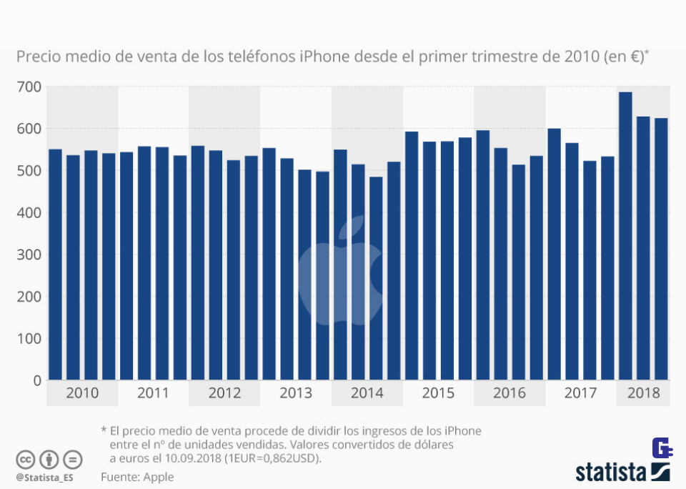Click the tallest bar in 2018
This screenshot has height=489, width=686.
tap(625, 236)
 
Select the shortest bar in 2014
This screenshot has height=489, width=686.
tap(376, 278)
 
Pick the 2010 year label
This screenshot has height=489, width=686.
tap(81, 393)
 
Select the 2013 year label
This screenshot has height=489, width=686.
tap(296, 393)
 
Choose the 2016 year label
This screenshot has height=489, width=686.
tap(509, 393)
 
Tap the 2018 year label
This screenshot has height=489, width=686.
tap(643, 393)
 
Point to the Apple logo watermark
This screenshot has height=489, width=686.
tap(340, 275)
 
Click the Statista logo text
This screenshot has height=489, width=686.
tap(611, 472)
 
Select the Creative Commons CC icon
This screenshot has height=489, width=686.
tap(26, 459)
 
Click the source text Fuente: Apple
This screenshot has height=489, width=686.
tap(137, 477)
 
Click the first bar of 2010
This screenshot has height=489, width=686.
tap(55, 265)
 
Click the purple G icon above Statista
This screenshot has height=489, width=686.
tap(662, 449)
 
